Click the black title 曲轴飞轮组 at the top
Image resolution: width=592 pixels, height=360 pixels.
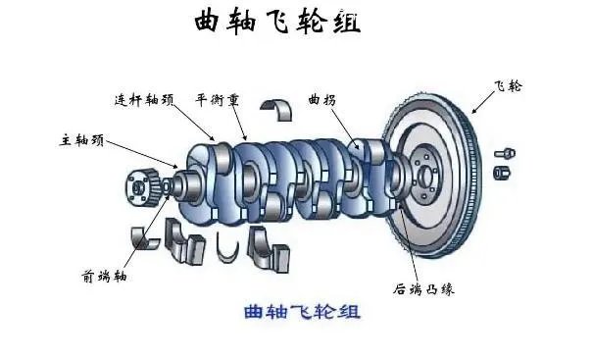tap(277, 23)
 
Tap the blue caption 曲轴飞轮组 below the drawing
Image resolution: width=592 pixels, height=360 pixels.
tap(302, 313)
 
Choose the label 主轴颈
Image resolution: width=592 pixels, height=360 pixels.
tap(79, 141)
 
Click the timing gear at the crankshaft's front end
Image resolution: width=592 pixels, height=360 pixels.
tap(143, 187)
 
